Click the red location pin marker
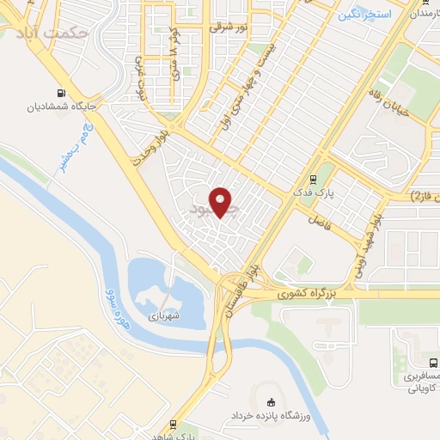(x=222, y=202)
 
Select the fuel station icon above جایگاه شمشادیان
(x=60, y=94)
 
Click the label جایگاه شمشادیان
(x=60, y=108)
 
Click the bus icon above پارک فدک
(x=315, y=180)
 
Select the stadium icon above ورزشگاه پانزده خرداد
(x=272, y=400)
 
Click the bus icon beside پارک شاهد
(x=173, y=425)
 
